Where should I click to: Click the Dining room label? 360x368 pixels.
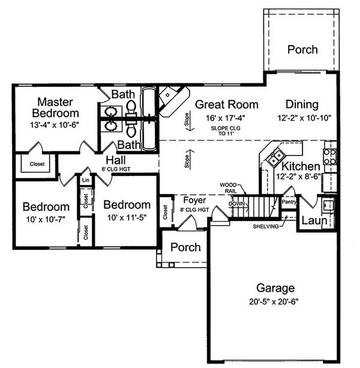point(302,104)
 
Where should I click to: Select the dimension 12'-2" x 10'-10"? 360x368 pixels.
point(304,118)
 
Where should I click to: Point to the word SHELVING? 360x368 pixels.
point(265,226)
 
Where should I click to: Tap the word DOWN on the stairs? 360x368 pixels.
point(236,204)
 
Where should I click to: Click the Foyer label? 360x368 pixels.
point(194,199)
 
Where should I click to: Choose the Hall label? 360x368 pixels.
point(115,160)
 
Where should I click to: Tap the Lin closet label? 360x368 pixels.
point(85,179)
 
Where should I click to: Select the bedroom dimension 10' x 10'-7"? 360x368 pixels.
point(43,220)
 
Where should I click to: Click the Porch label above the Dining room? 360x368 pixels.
point(302,49)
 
